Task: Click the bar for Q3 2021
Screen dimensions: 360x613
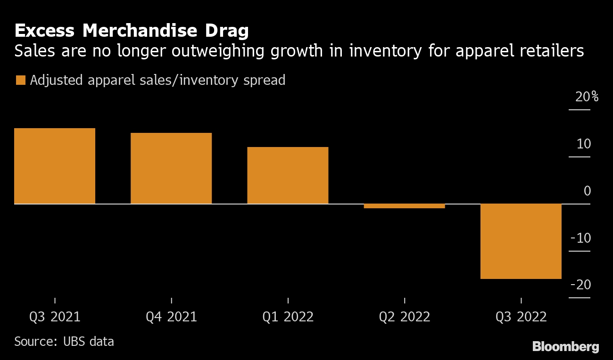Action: tap(55, 166)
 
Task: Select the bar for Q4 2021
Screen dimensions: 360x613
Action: tap(171, 168)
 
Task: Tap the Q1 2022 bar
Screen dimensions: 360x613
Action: tap(288, 175)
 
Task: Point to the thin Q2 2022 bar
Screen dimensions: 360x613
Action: tap(404, 206)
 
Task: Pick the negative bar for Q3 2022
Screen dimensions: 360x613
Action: tap(521, 241)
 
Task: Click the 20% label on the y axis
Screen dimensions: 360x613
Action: tap(586, 98)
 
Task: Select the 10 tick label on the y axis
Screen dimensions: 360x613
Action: tap(584, 144)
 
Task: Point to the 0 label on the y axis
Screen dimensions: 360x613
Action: tap(587, 191)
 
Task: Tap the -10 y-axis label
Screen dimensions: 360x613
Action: tap(580, 238)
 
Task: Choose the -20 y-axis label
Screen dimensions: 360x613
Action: tap(580, 285)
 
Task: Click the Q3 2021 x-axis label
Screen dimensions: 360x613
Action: tap(55, 317)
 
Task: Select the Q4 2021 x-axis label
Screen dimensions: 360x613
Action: tap(171, 317)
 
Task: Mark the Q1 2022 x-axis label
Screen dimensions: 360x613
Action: tap(288, 317)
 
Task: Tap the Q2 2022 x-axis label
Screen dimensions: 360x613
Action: tap(404, 317)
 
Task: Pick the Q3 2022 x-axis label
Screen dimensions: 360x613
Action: tap(521, 317)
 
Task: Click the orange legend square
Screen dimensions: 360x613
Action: tap(20, 81)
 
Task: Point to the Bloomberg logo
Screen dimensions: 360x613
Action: tap(565, 347)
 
